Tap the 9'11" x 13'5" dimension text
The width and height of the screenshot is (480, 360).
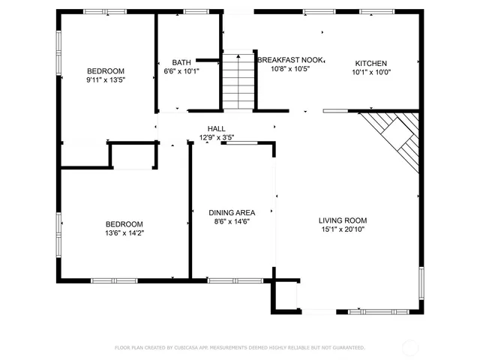tap(105, 79)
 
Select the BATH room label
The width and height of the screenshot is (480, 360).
tap(181, 62)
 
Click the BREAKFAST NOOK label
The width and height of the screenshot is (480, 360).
tap(290, 59)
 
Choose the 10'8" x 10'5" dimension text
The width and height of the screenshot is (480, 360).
tap(290, 68)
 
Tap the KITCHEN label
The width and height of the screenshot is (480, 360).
tap(371, 63)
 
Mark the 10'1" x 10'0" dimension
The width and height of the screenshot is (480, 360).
tap(371, 73)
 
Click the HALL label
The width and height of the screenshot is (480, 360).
tap(217, 128)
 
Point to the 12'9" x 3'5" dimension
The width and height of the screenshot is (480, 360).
tap(217, 137)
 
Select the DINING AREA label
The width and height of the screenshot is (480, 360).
tap(232, 212)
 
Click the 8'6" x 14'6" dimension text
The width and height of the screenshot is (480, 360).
tap(232, 222)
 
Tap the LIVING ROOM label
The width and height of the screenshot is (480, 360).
tap(343, 220)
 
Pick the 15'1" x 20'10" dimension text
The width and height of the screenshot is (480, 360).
tap(343, 229)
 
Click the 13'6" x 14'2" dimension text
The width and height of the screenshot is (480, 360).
tap(124, 233)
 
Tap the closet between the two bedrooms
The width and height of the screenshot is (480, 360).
tap(133, 156)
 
